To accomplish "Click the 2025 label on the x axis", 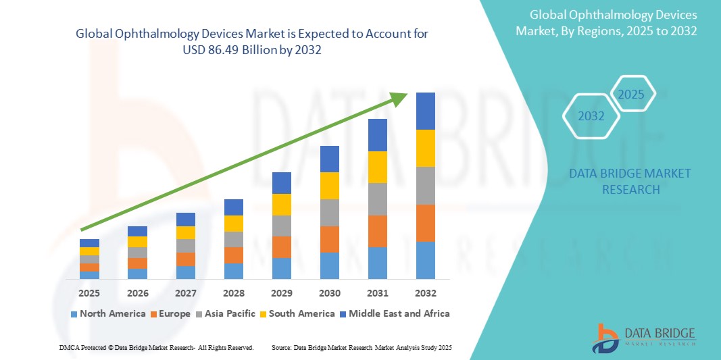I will (89, 293).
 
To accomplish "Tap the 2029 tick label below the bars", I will (281, 293).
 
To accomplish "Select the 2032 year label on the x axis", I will (425, 293).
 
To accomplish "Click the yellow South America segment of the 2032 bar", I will (425, 148).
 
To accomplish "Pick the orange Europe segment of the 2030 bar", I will (329, 239).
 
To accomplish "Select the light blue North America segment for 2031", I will (377, 263).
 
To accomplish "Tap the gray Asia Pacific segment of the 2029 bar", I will (281, 226).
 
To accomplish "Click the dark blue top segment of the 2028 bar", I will (233, 207).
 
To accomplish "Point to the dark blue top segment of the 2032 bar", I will (425, 111).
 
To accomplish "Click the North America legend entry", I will (108, 313).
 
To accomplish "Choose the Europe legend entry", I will (174, 313).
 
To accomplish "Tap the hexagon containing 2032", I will (591, 116).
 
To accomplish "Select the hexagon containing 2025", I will (632, 94).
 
